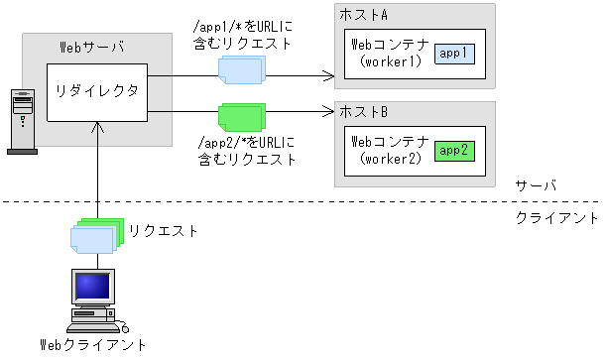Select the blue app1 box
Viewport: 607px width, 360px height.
coord(455,52)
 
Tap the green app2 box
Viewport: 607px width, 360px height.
coord(455,151)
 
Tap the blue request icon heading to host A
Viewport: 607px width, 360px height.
coord(242,69)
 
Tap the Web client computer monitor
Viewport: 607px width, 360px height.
coord(96,289)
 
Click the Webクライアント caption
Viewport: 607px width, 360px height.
coord(93,345)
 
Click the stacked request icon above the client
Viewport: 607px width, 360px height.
coord(95,235)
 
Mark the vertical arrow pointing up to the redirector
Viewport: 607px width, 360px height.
coord(97,169)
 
